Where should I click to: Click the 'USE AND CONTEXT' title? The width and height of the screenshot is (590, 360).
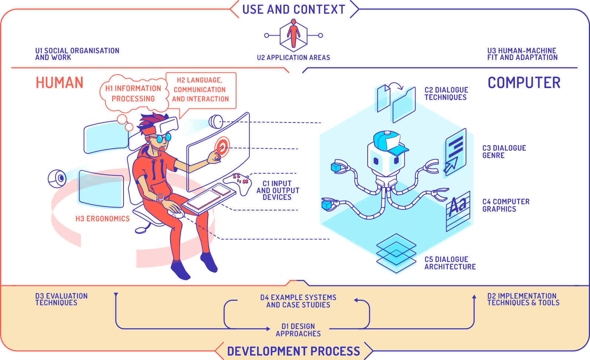(294, 9)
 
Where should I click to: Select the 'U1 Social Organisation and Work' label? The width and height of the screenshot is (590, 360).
(77, 54)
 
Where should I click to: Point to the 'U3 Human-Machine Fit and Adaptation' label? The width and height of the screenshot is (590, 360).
(522, 54)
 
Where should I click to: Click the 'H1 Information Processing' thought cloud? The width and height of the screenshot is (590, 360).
(133, 94)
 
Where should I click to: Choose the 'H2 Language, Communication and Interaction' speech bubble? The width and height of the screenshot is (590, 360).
(200, 90)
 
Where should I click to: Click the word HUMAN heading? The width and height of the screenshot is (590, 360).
(60, 83)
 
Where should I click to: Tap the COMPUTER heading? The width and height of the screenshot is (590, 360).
(524, 83)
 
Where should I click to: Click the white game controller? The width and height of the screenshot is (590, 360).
(239, 183)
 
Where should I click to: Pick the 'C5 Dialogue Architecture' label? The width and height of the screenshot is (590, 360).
(450, 263)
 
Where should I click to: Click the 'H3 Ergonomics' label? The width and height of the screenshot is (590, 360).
(102, 219)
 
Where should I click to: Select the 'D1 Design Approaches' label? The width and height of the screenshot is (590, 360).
(298, 330)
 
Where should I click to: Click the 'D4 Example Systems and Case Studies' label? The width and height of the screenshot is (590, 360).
(298, 301)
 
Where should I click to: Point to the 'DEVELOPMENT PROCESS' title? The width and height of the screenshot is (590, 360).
(293, 351)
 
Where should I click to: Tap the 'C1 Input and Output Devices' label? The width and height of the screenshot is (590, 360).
(278, 190)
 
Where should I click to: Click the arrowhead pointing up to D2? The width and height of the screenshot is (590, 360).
(474, 297)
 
